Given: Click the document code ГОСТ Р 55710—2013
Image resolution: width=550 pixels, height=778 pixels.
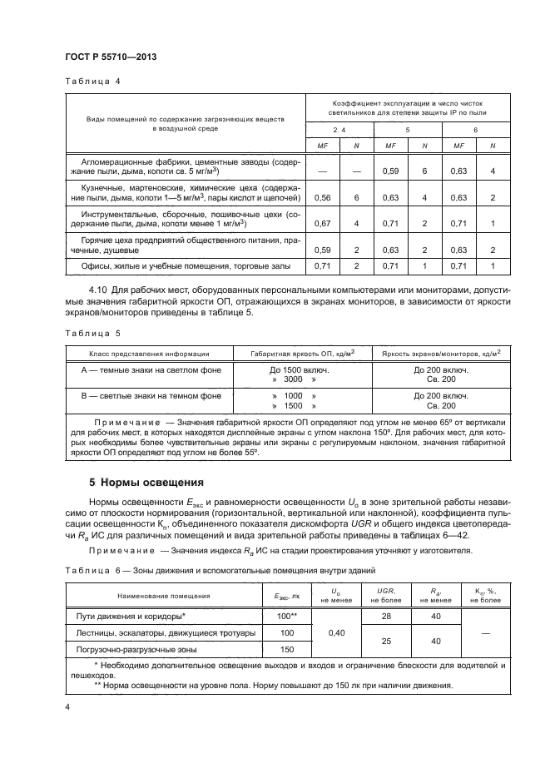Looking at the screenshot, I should (x=111, y=57).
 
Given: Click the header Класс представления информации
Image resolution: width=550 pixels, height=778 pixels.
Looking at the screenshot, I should (x=151, y=353).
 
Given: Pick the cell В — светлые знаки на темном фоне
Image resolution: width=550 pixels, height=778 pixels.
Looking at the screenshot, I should (x=151, y=396).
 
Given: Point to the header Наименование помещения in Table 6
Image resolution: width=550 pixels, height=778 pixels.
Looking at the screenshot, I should (x=163, y=596).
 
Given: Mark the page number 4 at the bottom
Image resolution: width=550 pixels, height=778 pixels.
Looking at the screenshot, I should (x=67, y=707).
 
